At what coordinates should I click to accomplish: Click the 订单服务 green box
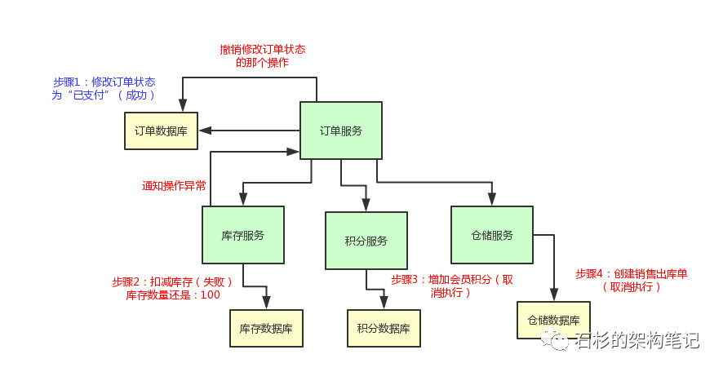[341, 131]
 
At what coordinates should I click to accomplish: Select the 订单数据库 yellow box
[161, 131]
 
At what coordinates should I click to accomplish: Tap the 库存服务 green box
[242, 235]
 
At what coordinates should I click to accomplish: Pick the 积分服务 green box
[366, 241]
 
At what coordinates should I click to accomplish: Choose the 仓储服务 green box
[492, 235]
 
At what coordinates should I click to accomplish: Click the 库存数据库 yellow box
[266, 329]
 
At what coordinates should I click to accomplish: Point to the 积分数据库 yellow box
[384, 329]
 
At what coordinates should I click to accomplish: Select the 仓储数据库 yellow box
[553, 321]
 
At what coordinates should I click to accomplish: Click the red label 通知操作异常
[174, 186]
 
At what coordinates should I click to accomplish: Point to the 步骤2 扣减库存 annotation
[173, 281]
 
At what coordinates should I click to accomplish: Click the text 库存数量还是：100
[173, 295]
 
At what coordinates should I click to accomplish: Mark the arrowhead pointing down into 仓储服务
[492, 201]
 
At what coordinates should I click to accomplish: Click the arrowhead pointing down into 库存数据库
[266, 304]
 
